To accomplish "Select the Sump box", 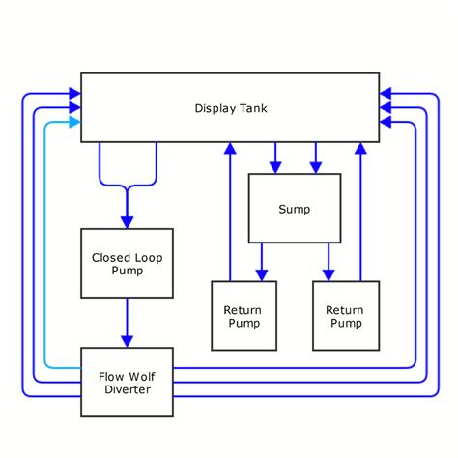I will pos(295,208).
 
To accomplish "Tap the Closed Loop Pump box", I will pos(127,263).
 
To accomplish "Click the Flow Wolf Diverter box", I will pos(127,382).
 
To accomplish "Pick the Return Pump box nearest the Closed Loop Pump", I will pos(243,316).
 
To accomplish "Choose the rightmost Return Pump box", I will pos(345,316).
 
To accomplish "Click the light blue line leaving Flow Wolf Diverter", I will pos(46,290).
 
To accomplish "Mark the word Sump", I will pos(295,209).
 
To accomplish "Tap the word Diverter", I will pos(127,389).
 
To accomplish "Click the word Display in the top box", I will pos(213,107).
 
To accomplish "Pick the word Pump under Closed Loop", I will pos(127,271).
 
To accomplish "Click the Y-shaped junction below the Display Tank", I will pos(127,184).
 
